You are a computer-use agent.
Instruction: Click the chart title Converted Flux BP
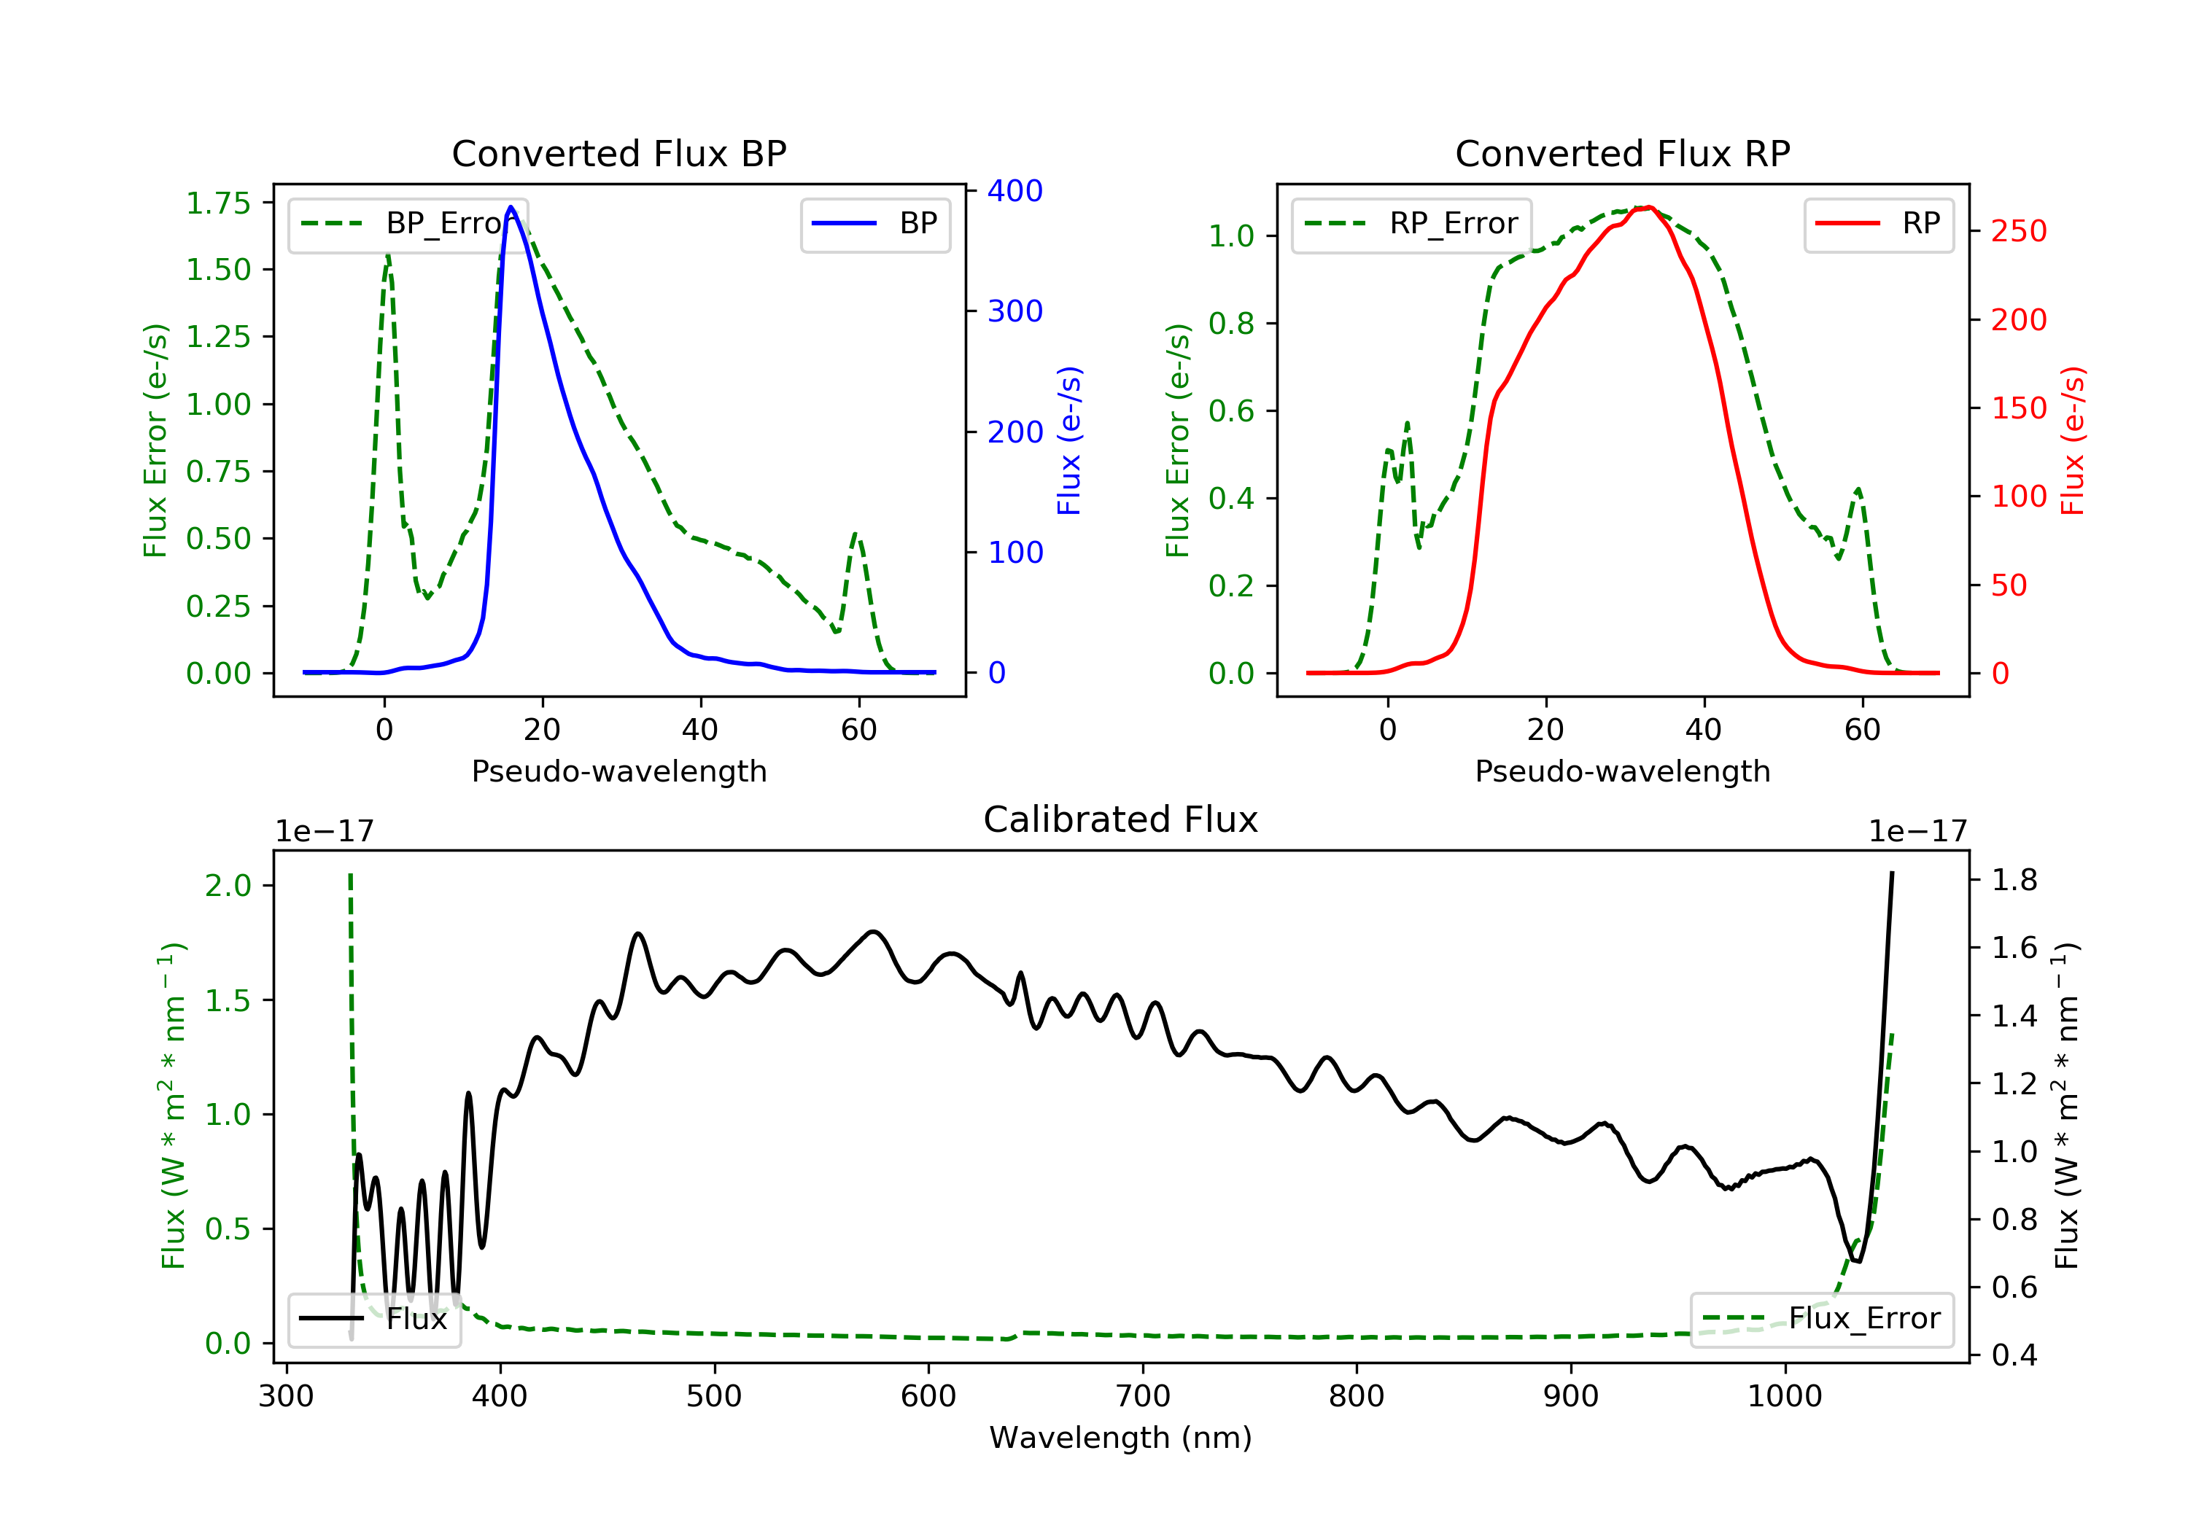click(619, 153)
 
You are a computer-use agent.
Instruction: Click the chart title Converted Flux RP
click(1623, 153)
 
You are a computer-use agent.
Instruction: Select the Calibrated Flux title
click(1121, 819)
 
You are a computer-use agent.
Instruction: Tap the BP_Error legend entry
click(408, 224)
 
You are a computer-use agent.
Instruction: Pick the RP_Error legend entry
click(1411, 224)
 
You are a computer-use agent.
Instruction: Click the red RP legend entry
click(1877, 224)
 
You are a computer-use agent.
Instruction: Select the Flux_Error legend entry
click(1821, 1319)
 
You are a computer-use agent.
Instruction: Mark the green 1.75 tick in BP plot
click(218, 203)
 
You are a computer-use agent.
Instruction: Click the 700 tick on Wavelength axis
click(1143, 1397)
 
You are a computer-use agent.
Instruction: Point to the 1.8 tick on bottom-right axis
click(2014, 879)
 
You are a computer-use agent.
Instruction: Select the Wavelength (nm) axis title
click(1121, 1438)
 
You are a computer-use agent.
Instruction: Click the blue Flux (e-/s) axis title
click(1069, 440)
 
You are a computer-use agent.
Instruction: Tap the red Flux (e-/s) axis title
click(2073, 440)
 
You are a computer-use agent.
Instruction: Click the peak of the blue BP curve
click(511, 207)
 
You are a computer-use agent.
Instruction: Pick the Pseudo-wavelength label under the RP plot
click(1623, 771)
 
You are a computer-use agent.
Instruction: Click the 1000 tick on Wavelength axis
click(1785, 1397)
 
